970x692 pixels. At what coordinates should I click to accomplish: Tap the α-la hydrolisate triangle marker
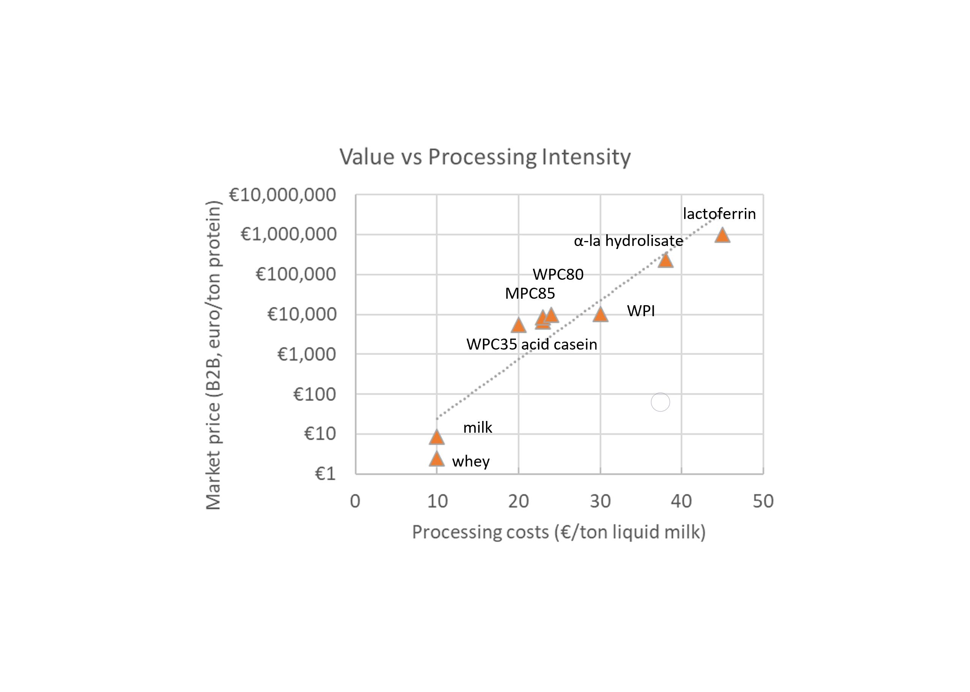(665, 260)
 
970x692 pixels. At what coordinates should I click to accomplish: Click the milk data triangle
(437, 437)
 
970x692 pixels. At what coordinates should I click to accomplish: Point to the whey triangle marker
(437, 459)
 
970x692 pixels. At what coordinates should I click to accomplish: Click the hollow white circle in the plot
(660, 402)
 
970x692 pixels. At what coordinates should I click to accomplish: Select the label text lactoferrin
(719, 213)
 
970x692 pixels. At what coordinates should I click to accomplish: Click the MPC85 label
(530, 293)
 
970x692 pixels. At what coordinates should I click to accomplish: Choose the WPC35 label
(491, 344)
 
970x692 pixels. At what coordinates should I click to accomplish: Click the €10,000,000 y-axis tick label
(282, 195)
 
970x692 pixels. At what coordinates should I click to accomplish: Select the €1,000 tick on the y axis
(306, 354)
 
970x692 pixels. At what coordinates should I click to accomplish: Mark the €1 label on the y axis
(325, 474)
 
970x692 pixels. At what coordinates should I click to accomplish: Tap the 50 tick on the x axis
(763, 501)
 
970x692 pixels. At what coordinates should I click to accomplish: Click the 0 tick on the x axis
(355, 501)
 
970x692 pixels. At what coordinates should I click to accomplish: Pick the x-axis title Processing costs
(559, 532)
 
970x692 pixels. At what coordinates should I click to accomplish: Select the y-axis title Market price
(213, 355)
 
